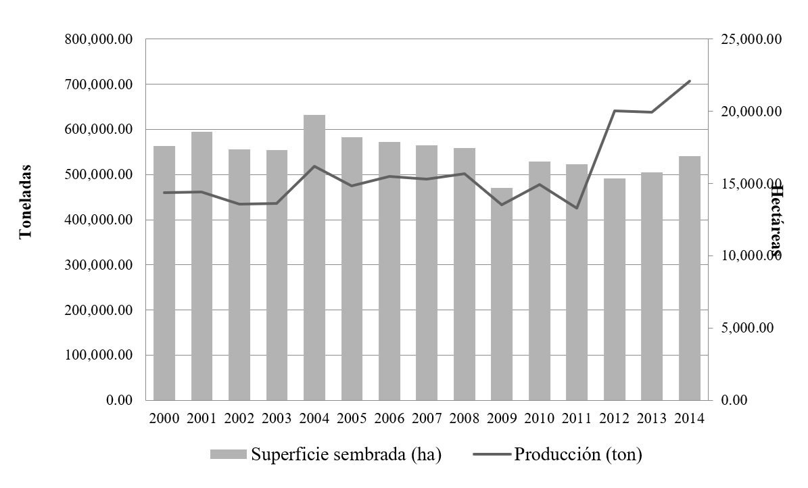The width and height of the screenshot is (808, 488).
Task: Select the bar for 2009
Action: pyautogui.click(x=502, y=294)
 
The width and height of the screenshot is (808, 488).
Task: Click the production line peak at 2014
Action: pyautogui.click(x=690, y=81)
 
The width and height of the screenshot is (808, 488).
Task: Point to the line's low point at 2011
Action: pyautogui.click(x=577, y=208)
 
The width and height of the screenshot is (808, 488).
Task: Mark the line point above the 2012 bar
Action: pyautogui.click(x=615, y=111)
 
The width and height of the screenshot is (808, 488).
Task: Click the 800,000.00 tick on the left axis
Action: pyautogui.click(x=99, y=40)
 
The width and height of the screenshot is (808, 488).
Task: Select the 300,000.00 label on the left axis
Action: pyautogui.click(x=99, y=266)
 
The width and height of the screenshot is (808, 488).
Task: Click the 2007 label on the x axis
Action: pyautogui.click(x=427, y=418)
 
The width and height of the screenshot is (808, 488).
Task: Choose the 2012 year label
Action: pyautogui.click(x=615, y=418)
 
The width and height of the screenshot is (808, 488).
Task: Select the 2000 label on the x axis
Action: pyautogui.click(x=164, y=418)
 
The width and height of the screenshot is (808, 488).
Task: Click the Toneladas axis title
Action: pyautogui.click(x=26, y=201)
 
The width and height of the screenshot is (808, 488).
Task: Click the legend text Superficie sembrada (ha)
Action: pyautogui.click(x=346, y=454)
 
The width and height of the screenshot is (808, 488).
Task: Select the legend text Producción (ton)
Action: pyautogui.click(x=578, y=454)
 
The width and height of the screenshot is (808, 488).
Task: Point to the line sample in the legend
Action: pyautogui.click(x=488, y=454)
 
